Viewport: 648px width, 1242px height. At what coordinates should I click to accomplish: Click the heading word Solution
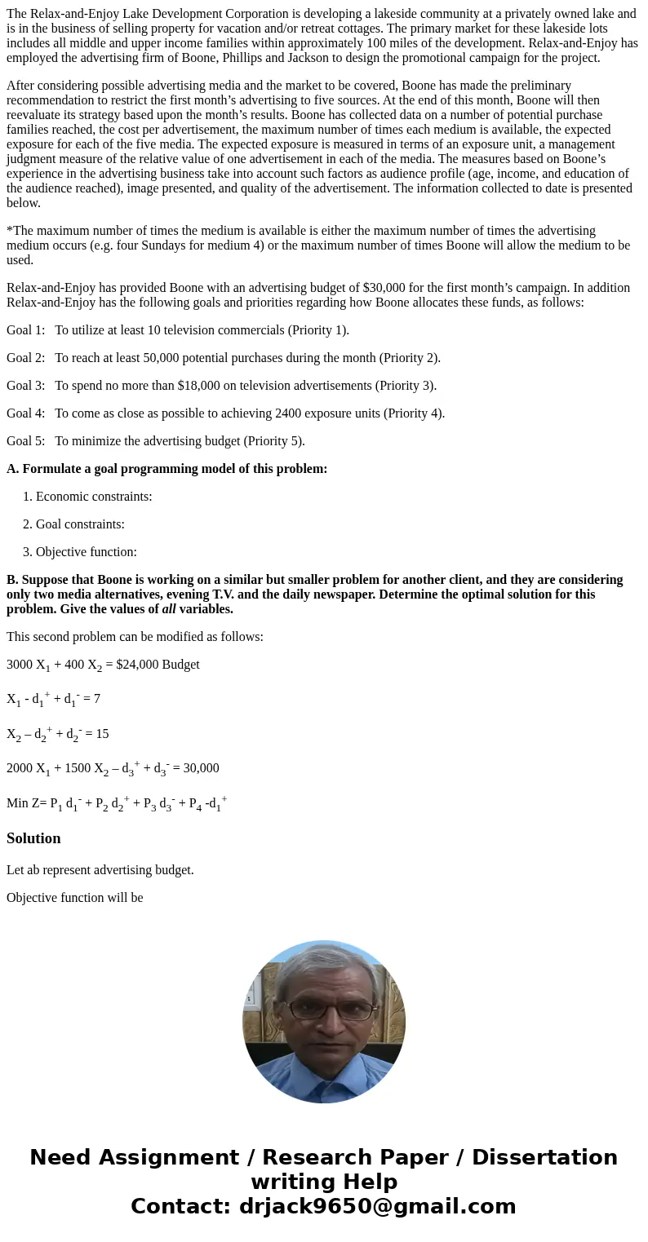(33, 838)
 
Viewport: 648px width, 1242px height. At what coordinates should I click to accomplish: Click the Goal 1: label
(25, 330)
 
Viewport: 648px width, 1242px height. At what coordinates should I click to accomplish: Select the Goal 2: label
(25, 358)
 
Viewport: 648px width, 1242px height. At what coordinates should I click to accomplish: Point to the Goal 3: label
(25, 386)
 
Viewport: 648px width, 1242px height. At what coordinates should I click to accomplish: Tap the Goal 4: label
(25, 413)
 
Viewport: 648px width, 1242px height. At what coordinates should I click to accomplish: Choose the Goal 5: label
(25, 441)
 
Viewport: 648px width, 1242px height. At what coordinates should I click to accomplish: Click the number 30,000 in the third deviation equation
(196, 768)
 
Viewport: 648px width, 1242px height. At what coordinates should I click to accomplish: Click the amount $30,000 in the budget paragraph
(426, 288)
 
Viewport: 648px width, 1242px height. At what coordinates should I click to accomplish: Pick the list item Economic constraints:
(94, 497)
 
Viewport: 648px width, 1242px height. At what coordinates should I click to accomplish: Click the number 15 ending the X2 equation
(102, 734)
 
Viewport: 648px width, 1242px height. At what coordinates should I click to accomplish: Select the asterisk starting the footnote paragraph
(9, 231)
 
